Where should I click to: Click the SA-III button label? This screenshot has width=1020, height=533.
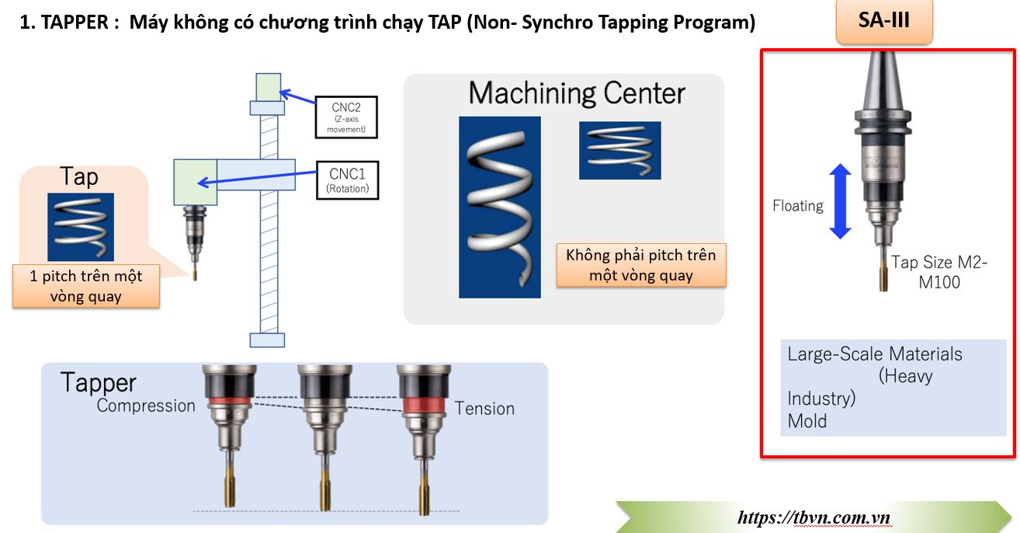point(883,21)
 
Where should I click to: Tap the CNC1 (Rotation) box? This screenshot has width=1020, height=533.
point(347,179)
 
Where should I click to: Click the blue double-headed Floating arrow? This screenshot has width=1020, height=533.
point(840,201)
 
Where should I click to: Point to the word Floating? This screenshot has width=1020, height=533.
point(798,206)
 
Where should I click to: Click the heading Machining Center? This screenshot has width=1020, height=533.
point(577,93)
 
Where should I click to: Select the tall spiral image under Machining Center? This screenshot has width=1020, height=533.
point(499,207)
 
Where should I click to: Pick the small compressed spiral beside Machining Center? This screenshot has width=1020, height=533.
point(619,151)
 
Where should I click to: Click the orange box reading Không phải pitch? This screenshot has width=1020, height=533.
point(640,265)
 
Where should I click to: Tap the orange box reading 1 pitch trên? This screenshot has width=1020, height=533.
point(85,285)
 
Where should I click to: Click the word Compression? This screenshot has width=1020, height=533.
point(146,406)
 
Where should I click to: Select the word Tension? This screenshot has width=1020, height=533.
point(484,409)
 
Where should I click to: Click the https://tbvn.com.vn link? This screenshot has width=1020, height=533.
point(813,517)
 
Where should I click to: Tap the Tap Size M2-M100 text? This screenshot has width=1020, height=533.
point(939,272)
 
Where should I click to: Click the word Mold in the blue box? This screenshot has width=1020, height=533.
point(807,421)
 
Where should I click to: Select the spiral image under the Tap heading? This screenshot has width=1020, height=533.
point(81,227)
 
